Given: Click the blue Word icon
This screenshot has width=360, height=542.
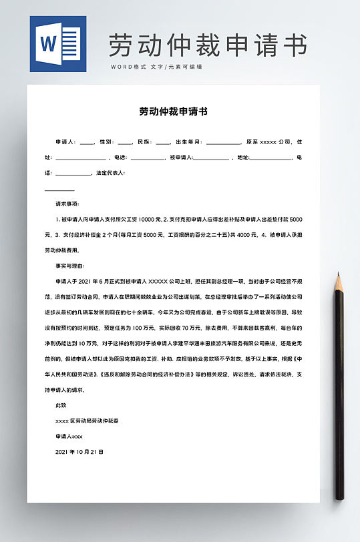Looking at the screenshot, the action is pos(57,43).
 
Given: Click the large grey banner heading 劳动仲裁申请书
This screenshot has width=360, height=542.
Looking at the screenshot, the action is pos(208,45).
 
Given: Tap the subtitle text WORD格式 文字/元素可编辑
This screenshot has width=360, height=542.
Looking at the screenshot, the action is pos(156,67).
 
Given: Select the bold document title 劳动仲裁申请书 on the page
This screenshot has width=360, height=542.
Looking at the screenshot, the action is pos(173,111).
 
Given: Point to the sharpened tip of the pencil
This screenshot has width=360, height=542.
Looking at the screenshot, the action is pos(338,277).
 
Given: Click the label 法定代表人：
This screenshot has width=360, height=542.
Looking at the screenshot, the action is pos(111,173).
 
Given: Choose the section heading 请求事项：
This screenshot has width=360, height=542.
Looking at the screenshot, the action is pos(67,204).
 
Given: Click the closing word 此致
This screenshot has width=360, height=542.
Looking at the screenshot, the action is pos(61,405).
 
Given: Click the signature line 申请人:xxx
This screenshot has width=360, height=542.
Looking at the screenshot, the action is pos(69,436).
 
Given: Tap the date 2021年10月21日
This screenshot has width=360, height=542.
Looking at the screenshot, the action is pos(79,452).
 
